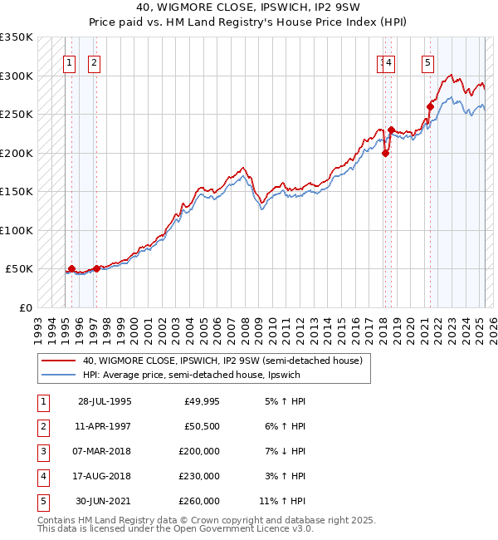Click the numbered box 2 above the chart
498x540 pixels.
(94, 61)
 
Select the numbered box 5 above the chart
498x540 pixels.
(427, 61)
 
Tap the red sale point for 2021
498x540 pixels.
(431, 106)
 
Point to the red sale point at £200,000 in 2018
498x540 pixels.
(385, 153)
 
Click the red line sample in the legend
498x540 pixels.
(59, 361)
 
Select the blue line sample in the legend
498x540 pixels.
(59, 375)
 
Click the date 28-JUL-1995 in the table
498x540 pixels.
(105, 401)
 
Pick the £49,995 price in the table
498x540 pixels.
(202, 401)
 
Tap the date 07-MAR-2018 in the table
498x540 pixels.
(105, 451)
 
